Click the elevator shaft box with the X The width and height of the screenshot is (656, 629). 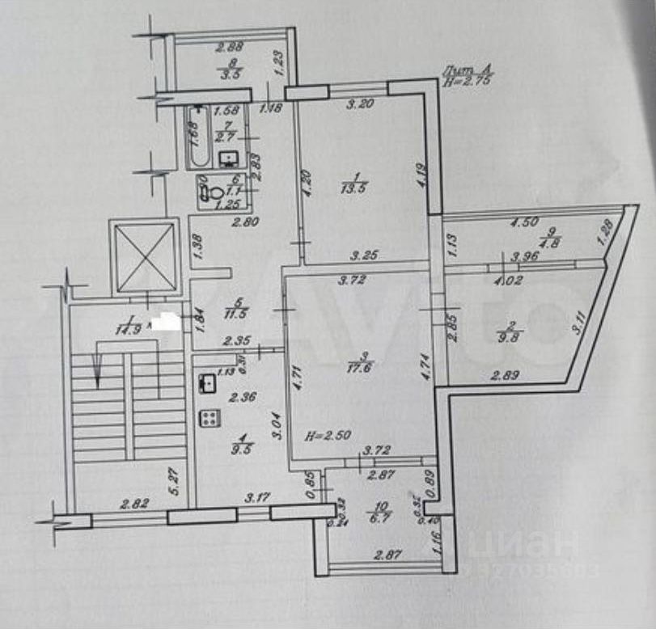[143, 256]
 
